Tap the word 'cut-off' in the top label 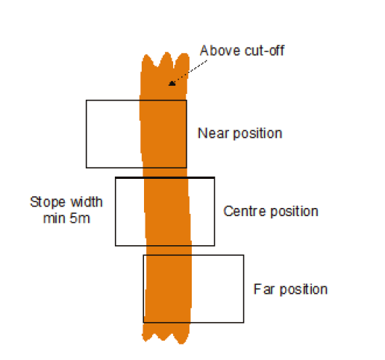[x=264, y=51]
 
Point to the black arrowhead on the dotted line [x=172, y=83]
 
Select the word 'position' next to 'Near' [x=258, y=133]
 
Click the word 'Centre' [x=245, y=211]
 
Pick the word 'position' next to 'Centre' [x=294, y=212]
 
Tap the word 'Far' [x=264, y=289]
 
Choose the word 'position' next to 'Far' [x=304, y=290]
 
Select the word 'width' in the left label [x=84, y=202]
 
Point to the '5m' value [x=80, y=218]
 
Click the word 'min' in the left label [x=54, y=218]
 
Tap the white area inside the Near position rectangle [x=113, y=134]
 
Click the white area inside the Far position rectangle [x=217, y=288]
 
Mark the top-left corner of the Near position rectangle [x=87, y=101]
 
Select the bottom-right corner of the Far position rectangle [x=244, y=323]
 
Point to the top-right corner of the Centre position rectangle [x=214, y=177]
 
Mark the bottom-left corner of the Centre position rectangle [x=116, y=246]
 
